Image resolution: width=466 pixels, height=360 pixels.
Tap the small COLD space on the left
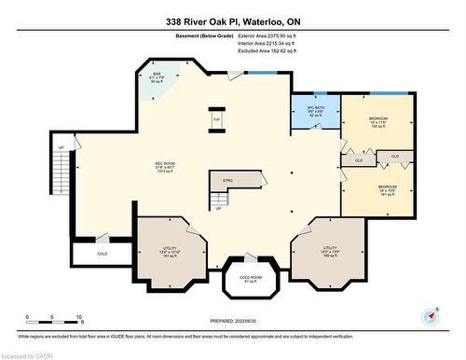click(102, 253)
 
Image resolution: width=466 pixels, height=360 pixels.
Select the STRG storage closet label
click(227, 181)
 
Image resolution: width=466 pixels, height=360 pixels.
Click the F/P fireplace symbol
click(215, 119)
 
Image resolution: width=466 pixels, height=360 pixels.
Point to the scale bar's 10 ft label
click(80, 318)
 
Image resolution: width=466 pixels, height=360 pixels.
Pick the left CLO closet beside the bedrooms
click(358, 161)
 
